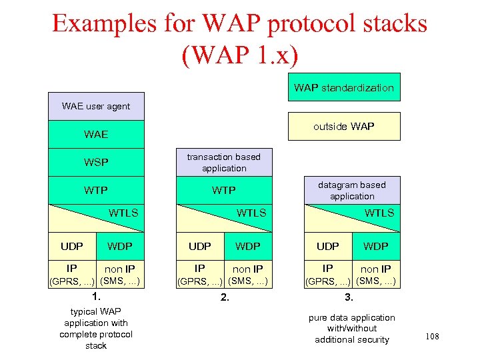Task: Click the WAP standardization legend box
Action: point(344,87)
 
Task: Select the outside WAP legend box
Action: point(344,127)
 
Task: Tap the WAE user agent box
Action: point(96,106)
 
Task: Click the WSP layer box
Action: point(96,162)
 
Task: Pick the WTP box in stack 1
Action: point(96,190)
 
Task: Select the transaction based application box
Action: point(223,162)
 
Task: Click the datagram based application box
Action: point(352,190)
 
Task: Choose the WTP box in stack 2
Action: point(223,190)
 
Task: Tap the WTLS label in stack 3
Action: point(379,213)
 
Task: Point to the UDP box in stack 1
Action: point(72,246)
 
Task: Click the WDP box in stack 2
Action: point(248,246)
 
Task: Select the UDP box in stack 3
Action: point(327,246)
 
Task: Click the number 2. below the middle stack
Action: point(225,297)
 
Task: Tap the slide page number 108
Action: point(432,337)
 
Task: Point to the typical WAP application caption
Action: point(96,329)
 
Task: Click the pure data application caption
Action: point(351,329)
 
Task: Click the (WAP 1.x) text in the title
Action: point(239,53)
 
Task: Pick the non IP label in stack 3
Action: point(376,269)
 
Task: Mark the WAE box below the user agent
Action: point(96,134)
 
